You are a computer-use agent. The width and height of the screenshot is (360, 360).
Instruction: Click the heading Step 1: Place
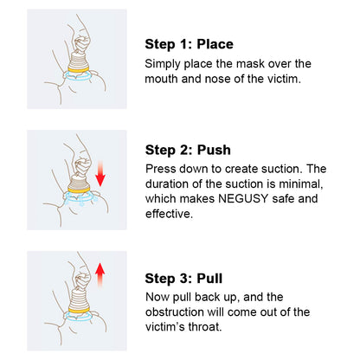[189, 44]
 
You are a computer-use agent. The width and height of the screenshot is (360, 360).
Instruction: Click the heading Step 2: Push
[188, 150]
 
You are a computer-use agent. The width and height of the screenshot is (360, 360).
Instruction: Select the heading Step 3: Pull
[183, 279]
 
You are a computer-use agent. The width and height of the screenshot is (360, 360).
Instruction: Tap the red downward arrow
[100, 174]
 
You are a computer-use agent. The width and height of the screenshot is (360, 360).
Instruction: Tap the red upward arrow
[100, 275]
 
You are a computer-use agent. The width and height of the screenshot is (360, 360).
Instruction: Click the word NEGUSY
[243, 199]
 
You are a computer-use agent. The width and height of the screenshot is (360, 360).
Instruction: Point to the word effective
[169, 214]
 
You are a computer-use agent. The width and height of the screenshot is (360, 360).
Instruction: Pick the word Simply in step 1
[163, 64]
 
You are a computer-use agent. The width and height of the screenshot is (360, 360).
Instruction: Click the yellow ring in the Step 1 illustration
[79, 69]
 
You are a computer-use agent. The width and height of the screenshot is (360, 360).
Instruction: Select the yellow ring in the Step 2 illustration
[79, 190]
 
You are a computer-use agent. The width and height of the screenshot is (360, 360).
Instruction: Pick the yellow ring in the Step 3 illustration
[79, 310]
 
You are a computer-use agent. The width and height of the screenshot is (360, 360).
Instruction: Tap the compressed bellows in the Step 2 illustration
[79, 180]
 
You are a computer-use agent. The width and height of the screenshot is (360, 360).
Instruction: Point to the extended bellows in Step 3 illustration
[79, 299]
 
